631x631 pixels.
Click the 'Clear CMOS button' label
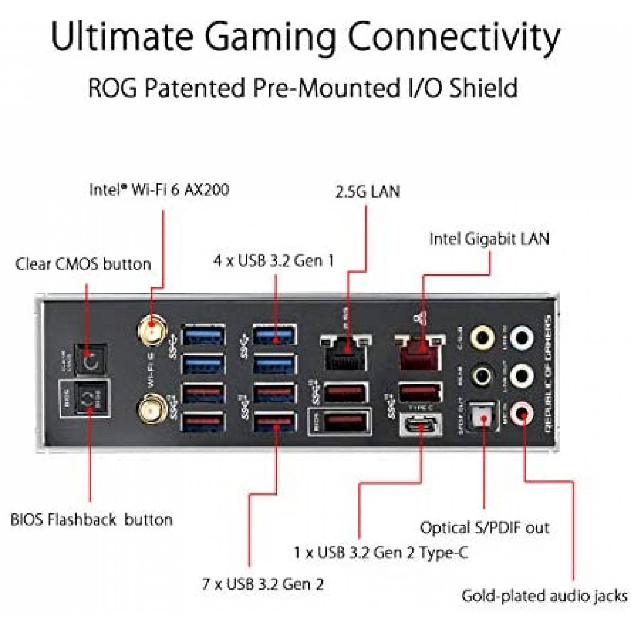point(83,264)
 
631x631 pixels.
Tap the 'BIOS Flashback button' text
point(91,519)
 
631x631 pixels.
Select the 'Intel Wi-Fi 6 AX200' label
point(159,190)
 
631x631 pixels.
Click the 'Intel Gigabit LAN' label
point(489,239)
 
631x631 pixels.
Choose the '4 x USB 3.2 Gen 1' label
point(273,261)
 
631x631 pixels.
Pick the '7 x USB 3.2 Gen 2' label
point(263,584)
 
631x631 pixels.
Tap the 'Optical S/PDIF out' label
point(484,527)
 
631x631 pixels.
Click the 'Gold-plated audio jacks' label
point(544,596)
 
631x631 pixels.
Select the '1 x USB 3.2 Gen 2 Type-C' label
point(381,553)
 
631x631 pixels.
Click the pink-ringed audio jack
point(522,413)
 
